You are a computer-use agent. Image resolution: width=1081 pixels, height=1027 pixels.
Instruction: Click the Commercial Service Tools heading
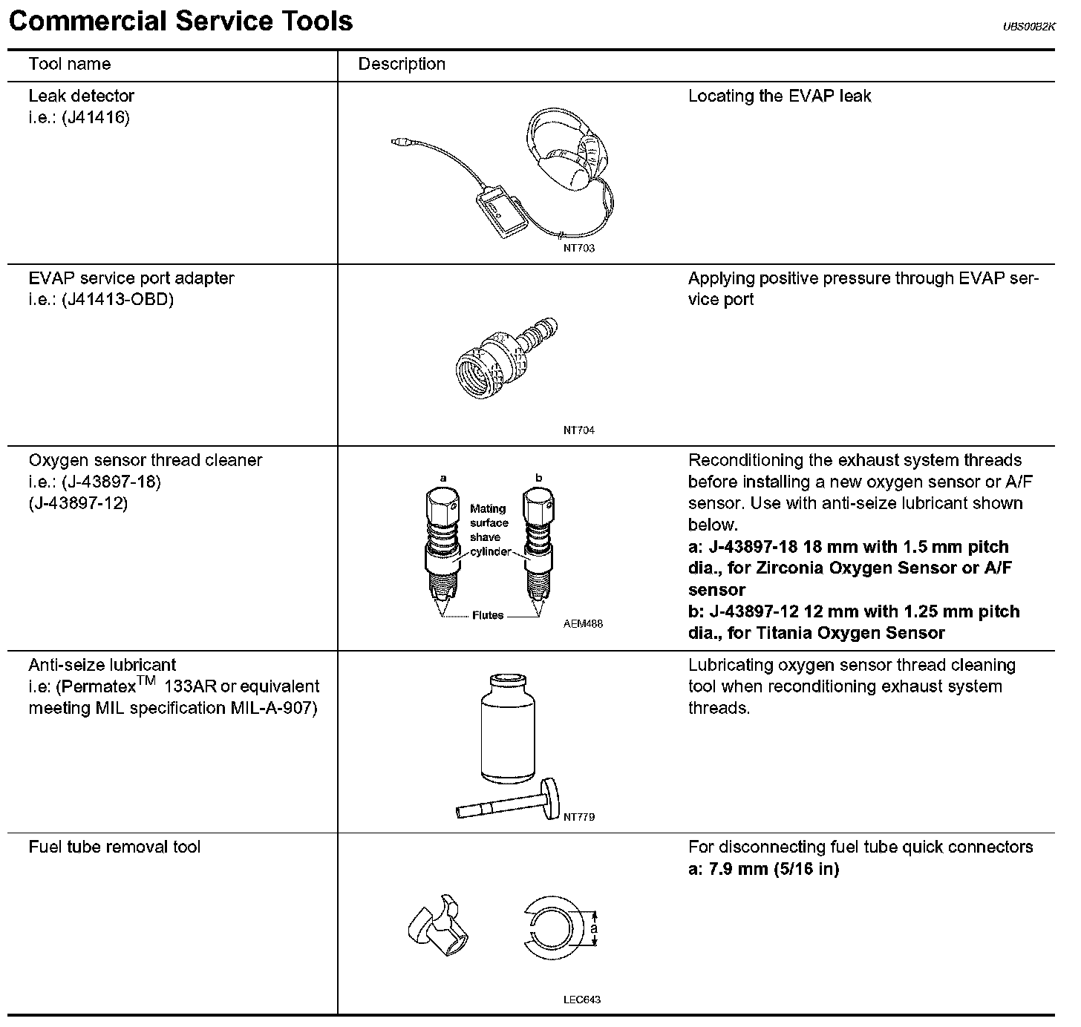click(180, 21)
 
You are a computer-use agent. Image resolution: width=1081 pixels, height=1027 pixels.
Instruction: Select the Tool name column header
click(69, 64)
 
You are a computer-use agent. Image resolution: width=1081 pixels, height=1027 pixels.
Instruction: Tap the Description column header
click(402, 64)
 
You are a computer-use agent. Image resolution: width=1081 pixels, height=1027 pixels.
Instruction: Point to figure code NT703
click(579, 249)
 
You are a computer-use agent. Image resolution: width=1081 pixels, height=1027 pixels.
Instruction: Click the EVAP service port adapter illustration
click(504, 358)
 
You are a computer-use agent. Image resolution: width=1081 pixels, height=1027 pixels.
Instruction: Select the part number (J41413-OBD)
click(118, 300)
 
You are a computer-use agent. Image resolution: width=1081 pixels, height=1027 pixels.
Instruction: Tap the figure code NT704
click(579, 430)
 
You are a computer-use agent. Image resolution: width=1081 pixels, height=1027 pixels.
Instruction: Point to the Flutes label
click(488, 615)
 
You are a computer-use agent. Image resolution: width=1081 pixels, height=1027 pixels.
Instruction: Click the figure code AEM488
click(583, 624)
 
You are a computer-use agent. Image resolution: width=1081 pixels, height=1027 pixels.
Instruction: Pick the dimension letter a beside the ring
click(593, 928)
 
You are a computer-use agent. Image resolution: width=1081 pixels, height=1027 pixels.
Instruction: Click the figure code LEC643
click(582, 1000)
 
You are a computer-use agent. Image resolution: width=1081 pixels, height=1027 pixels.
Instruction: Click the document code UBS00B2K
click(1028, 27)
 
